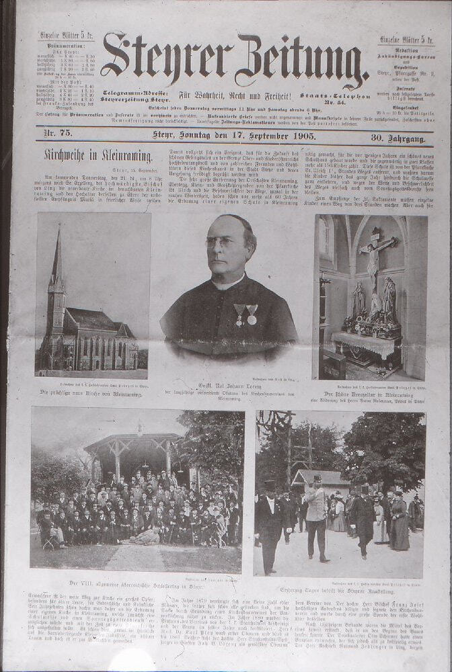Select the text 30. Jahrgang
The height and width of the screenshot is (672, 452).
(398, 138)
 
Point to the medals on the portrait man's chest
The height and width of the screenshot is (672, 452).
(246, 313)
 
